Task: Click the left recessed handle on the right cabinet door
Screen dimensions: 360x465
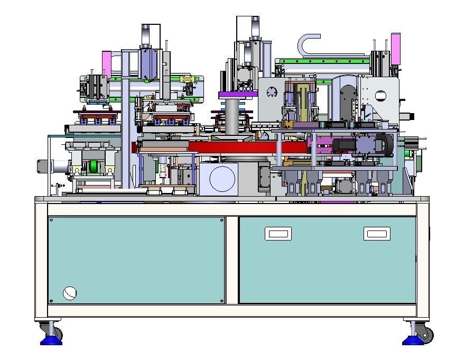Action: (x=278, y=234)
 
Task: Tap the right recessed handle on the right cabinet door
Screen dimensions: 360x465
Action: (x=377, y=234)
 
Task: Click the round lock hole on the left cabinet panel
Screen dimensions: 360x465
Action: (x=70, y=293)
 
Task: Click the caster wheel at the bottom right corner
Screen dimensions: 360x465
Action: (x=426, y=335)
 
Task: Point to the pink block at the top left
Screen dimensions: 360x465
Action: (x=106, y=63)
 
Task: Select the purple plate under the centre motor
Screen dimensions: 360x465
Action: (x=238, y=95)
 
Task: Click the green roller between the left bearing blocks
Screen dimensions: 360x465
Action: (x=94, y=167)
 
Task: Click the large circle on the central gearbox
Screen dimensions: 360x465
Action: (x=222, y=178)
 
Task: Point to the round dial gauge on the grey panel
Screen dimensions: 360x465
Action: (x=272, y=92)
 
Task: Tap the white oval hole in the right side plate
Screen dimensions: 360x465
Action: (x=380, y=96)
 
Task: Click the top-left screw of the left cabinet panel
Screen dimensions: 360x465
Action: (x=51, y=220)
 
